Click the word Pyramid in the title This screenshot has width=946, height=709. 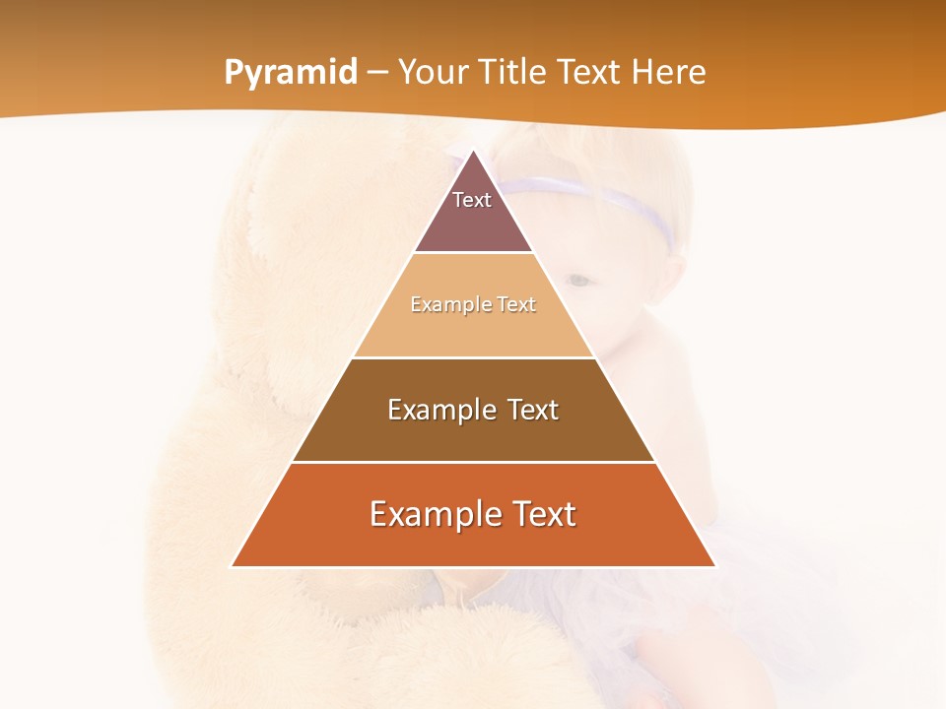290,73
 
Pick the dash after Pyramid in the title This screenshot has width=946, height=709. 377,73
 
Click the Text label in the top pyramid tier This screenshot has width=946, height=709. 472,200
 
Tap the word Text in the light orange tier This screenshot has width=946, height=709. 516,304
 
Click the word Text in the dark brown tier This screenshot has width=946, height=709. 532,410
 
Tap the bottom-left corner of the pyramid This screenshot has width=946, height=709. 232,566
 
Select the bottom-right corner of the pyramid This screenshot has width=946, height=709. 715,566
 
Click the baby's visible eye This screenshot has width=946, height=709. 581,281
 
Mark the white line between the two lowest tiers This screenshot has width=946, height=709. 473,462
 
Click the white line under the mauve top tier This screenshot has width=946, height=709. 473,252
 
